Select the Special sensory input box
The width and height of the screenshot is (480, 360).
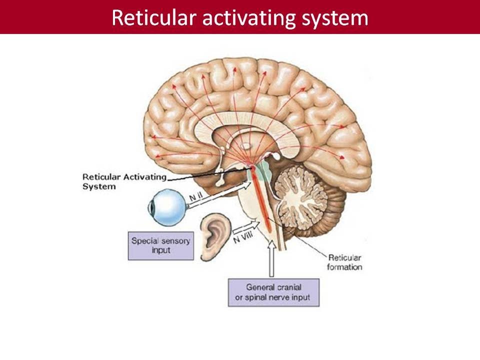point(160,245)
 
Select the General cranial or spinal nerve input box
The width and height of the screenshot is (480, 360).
point(273,292)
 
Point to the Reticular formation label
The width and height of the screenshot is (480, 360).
point(344,262)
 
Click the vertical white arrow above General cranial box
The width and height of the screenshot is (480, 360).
point(271,258)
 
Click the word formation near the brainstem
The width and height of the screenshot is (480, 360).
point(344,267)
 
